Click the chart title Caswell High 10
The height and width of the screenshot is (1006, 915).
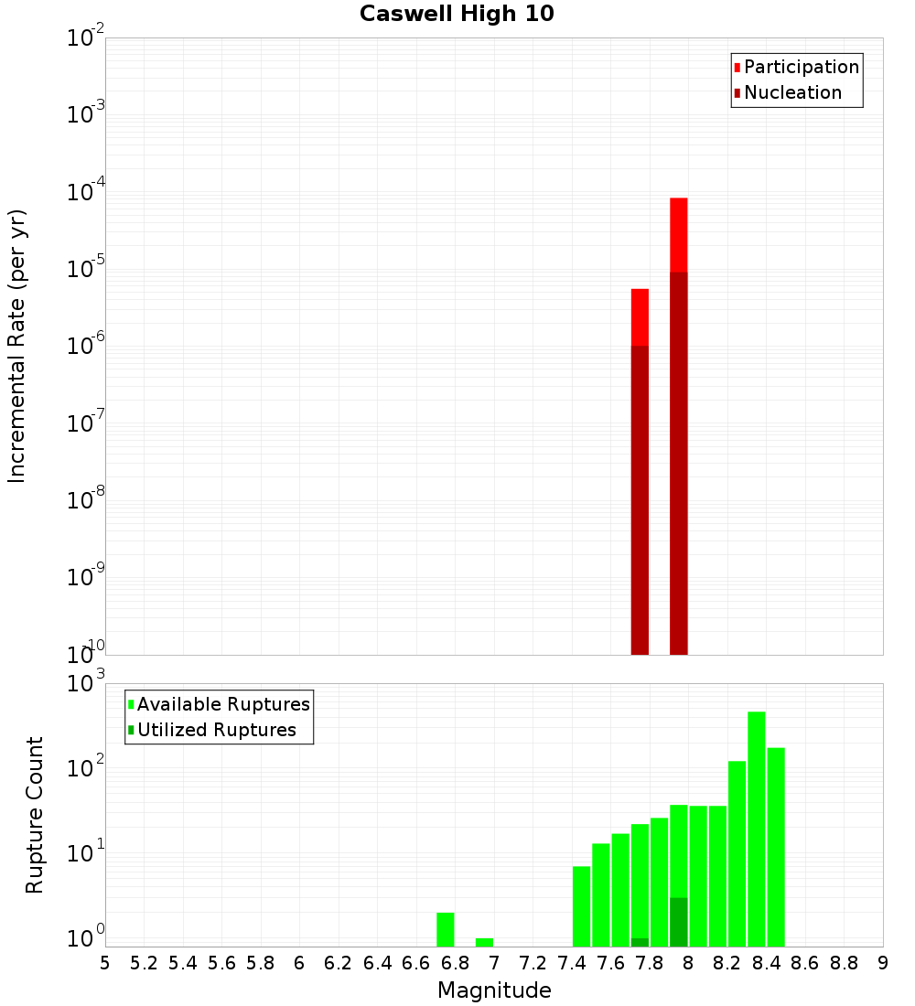coord(456,14)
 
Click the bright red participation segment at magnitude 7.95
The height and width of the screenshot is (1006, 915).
coord(678,234)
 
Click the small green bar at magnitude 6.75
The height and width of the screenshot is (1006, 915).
coord(446,929)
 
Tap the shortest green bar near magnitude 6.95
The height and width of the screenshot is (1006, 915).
coord(484,942)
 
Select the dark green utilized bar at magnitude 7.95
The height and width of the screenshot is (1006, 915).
coord(678,922)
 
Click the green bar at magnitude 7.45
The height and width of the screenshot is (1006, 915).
coord(581,905)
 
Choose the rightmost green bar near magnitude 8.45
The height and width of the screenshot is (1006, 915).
coord(776,846)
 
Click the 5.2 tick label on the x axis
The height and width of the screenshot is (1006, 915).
coord(144,963)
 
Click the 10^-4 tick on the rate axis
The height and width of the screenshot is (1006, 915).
coord(85,193)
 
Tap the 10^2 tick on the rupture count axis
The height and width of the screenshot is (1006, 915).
coord(85,768)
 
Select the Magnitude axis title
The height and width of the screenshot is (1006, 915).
coord(494,990)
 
